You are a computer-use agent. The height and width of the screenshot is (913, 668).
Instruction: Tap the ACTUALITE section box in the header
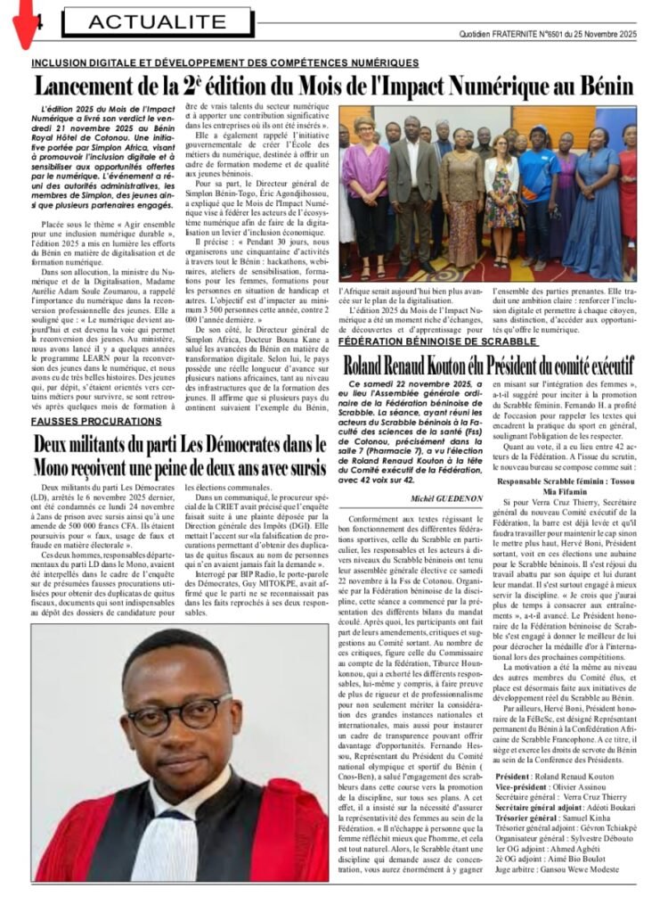[x=145, y=21]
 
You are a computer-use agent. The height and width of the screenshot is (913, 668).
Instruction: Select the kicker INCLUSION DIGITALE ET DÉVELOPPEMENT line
[x=224, y=63]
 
